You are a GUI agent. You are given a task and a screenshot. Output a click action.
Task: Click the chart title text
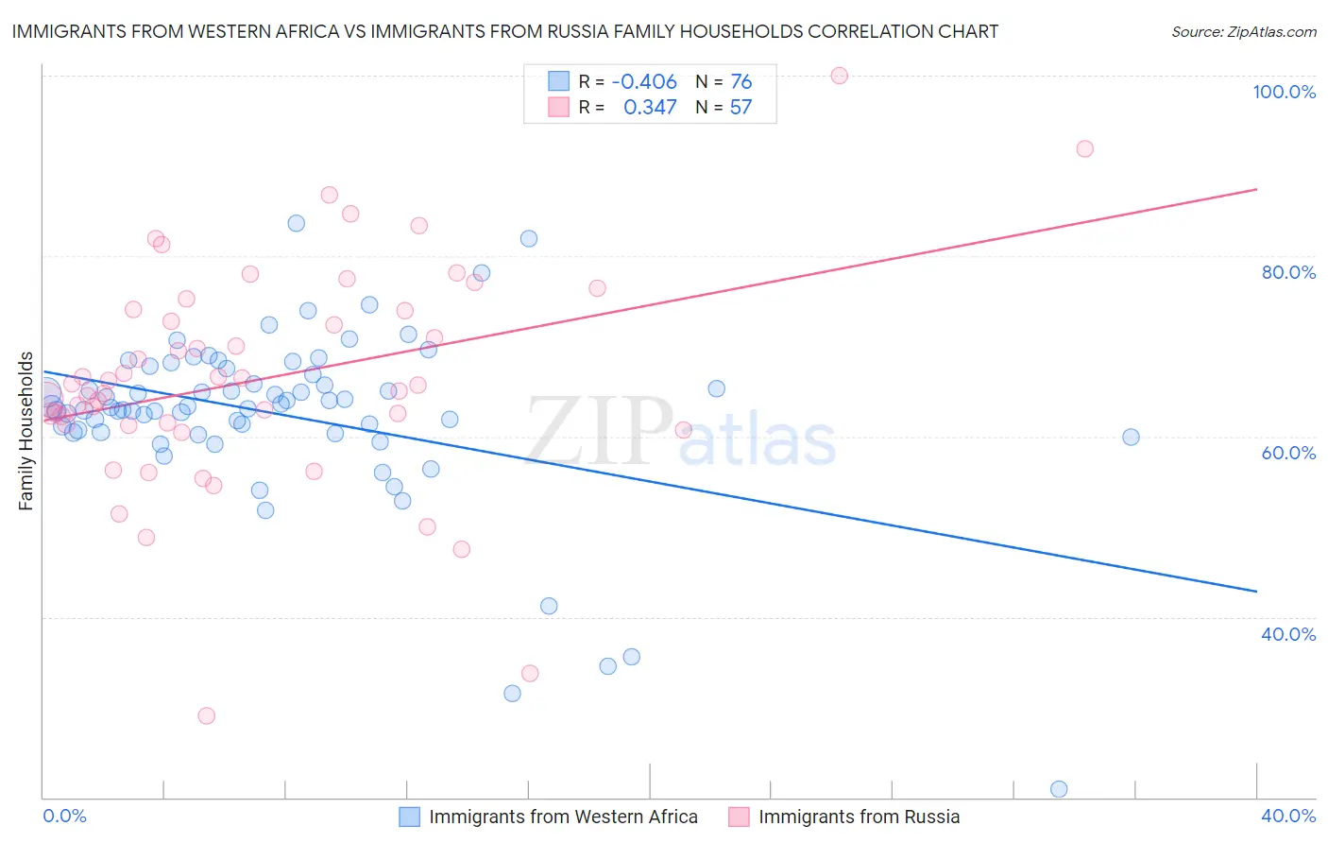point(504,32)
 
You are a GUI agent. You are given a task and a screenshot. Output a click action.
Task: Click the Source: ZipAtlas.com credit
point(1243,32)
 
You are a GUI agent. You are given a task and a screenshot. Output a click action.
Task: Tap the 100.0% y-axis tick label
point(1284,92)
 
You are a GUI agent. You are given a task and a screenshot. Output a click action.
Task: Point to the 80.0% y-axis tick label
point(1288,272)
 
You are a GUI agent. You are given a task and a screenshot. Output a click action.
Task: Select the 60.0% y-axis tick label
point(1288,453)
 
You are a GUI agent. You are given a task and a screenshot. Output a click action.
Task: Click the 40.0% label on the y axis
point(1288,634)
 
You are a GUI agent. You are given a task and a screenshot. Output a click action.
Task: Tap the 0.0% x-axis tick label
point(65,816)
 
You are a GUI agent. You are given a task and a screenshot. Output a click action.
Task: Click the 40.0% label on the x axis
point(1288,816)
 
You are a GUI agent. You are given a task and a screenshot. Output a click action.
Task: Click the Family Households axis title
point(26,431)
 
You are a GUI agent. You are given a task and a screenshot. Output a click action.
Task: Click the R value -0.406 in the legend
point(644,82)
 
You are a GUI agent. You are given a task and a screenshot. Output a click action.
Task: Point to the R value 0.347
point(650,108)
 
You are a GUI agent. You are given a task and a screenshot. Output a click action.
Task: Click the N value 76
point(741,82)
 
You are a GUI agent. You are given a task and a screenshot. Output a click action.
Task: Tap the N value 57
point(741,108)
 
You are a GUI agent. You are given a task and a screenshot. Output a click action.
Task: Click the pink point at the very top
point(839,76)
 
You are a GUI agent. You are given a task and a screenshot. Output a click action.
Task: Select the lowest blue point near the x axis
point(1059,789)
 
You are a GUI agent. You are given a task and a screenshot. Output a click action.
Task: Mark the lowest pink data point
point(206,715)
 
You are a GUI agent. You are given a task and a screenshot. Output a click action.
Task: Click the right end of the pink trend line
point(1256,190)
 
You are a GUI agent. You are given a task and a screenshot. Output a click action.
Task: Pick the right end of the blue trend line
point(1256,592)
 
